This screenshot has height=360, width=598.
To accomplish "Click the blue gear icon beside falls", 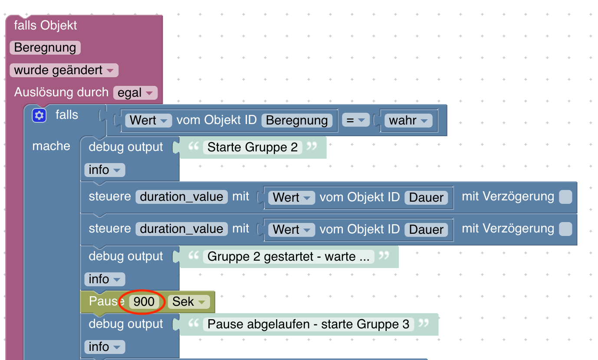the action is pyautogui.click(x=39, y=115).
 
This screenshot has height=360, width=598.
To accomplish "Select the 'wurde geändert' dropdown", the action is pyautogui.click(x=64, y=70).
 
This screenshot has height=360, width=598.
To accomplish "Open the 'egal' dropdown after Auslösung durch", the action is pyautogui.click(x=135, y=93).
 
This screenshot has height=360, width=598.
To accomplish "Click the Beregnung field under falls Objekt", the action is pyautogui.click(x=45, y=48).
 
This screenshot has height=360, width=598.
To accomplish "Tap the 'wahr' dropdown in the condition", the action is pyautogui.click(x=408, y=120).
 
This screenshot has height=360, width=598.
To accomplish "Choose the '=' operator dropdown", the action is pyautogui.click(x=356, y=120).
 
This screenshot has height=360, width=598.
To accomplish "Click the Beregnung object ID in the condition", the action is pyautogui.click(x=297, y=120).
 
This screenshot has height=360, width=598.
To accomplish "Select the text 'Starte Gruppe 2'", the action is pyautogui.click(x=253, y=147).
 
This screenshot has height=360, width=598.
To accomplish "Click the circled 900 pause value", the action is pyautogui.click(x=144, y=302).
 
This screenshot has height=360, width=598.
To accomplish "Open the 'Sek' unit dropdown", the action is pyautogui.click(x=189, y=302).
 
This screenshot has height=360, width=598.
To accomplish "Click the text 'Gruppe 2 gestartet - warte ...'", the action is pyautogui.click(x=289, y=257).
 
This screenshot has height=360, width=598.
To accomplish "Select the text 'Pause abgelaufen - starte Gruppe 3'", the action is pyautogui.click(x=309, y=324).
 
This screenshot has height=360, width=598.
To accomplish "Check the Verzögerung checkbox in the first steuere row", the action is pyautogui.click(x=566, y=197).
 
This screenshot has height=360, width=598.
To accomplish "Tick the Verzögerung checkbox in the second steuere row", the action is pyautogui.click(x=566, y=229).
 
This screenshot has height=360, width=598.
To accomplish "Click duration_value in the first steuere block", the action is pyautogui.click(x=181, y=197).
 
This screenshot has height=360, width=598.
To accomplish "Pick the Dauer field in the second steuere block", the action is pyautogui.click(x=426, y=229).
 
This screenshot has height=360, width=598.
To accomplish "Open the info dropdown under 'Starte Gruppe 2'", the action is pyautogui.click(x=105, y=170).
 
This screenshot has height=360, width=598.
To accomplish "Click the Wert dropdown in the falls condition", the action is pyautogui.click(x=149, y=120).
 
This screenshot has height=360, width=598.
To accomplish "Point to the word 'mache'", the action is pyautogui.click(x=51, y=146).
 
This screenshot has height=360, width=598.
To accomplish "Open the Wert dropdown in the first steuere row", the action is pyautogui.click(x=292, y=198).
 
